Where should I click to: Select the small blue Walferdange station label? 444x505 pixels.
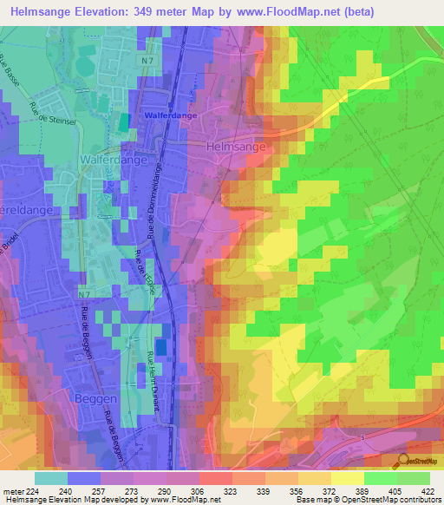164,115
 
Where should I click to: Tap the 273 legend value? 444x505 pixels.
131,491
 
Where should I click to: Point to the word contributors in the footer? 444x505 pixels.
419,501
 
